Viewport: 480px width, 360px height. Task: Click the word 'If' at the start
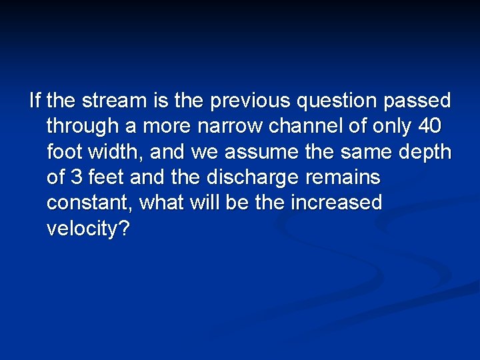point(35,101)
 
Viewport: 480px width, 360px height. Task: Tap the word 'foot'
point(67,152)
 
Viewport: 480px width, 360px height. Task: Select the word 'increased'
point(336,203)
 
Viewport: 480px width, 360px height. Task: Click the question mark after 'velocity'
point(124,229)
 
